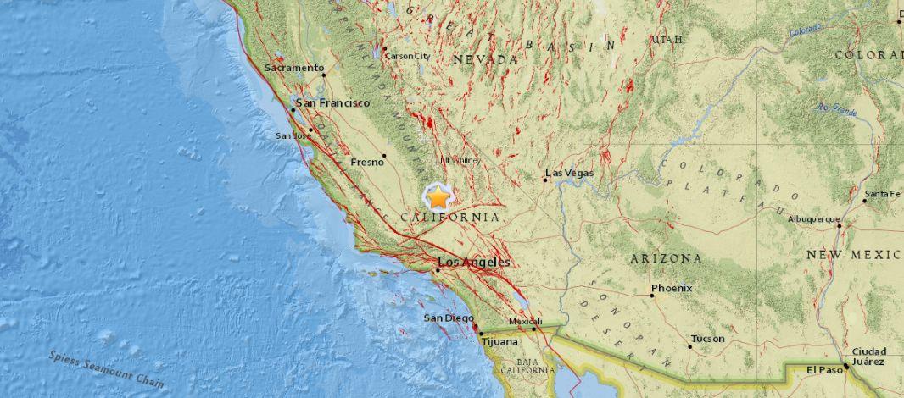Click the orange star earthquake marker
tap(438, 198)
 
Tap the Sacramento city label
tap(294, 68)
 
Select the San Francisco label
tap(332, 102)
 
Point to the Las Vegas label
tap(570, 174)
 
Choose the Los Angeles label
tap(473, 263)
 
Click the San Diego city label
tap(444, 318)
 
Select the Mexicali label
tap(525, 322)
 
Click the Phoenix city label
tap(672, 288)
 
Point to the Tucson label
tap(707, 339)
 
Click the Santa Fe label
tap(882, 195)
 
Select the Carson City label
tap(408, 57)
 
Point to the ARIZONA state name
tap(667, 257)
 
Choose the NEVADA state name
tap(485, 59)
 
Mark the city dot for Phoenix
tap(651, 296)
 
